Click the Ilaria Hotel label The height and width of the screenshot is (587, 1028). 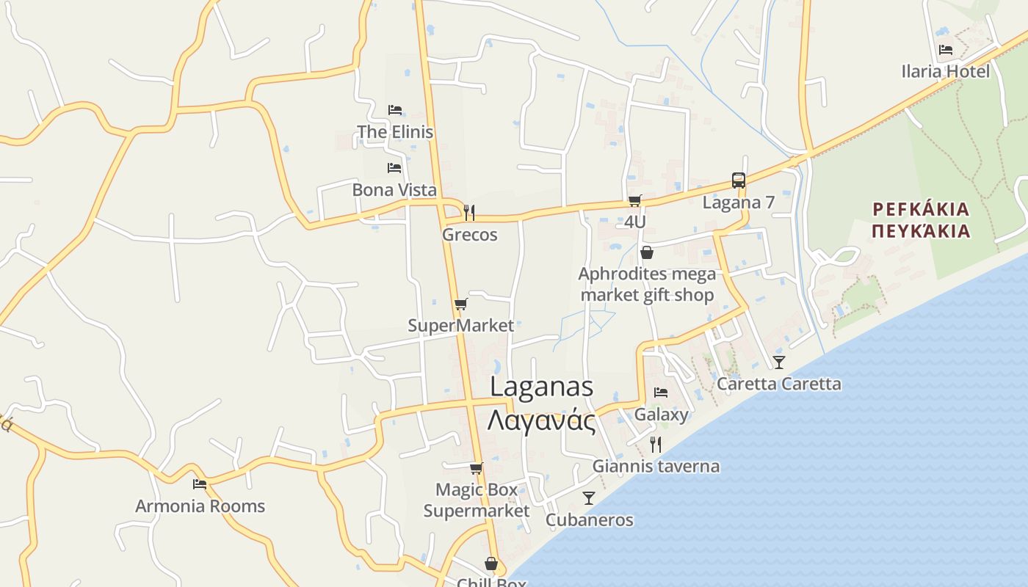tap(946, 71)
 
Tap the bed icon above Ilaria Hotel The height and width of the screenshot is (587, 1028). tap(946, 50)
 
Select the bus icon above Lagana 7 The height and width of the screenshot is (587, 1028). tap(739, 181)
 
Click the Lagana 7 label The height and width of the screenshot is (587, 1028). tap(739, 203)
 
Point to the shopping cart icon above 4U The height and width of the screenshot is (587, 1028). tap(635, 200)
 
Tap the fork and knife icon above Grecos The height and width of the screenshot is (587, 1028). tap(469, 213)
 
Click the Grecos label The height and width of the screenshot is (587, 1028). tap(469, 235)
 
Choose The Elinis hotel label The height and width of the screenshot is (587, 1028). tap(395, 132)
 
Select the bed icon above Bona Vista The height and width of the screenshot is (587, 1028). tap(394, 168)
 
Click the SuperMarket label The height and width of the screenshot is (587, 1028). tap(460, 325)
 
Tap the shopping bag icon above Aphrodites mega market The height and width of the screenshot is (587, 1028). tap(647, 253)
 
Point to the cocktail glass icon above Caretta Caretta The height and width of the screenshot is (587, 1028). tap(779, 362)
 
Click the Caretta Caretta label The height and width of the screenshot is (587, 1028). tap(779, 384)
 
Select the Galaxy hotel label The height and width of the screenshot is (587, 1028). tap(661, 415)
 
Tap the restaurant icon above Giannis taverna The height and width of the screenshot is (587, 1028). tap(656, 444)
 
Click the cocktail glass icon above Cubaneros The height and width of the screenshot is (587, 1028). tap(589, 498)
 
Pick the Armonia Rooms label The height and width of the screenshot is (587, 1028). tap(200, 506)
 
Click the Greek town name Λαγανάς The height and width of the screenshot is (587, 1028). tap(541, 421)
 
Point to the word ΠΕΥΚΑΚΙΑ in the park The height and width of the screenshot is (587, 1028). tap(922, 231)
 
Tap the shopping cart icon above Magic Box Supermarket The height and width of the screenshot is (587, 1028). tap(476, 468)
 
